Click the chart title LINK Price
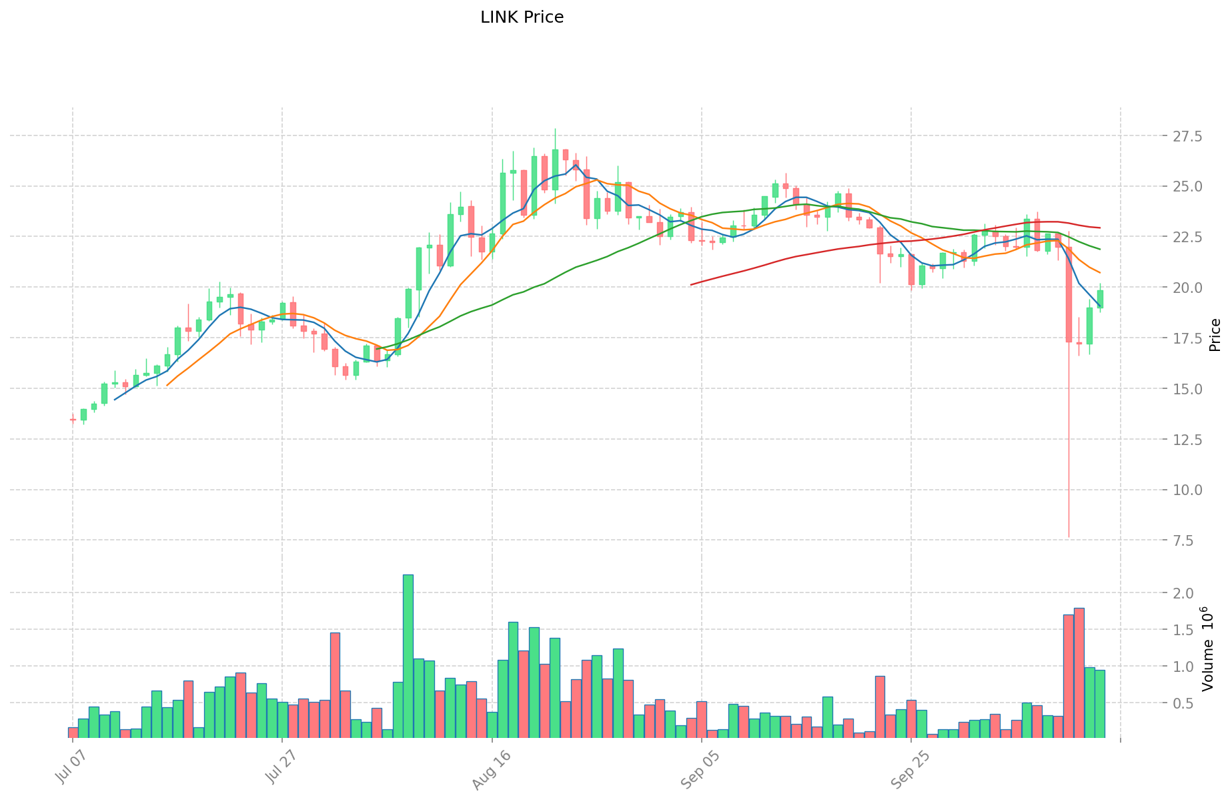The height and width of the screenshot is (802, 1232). (522, 17)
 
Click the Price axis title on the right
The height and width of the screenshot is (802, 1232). (1215, 335)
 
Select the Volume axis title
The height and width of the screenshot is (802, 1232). (1207, 649)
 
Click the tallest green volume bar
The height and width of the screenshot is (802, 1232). (408, 656)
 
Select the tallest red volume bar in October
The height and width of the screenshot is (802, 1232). (1079, 673)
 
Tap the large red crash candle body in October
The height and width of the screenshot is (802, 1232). (1069, 294)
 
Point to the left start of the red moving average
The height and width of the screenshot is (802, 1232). (692, 284)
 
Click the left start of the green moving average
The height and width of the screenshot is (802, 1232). (377, 348)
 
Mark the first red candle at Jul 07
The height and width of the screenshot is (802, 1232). (73, 420)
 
